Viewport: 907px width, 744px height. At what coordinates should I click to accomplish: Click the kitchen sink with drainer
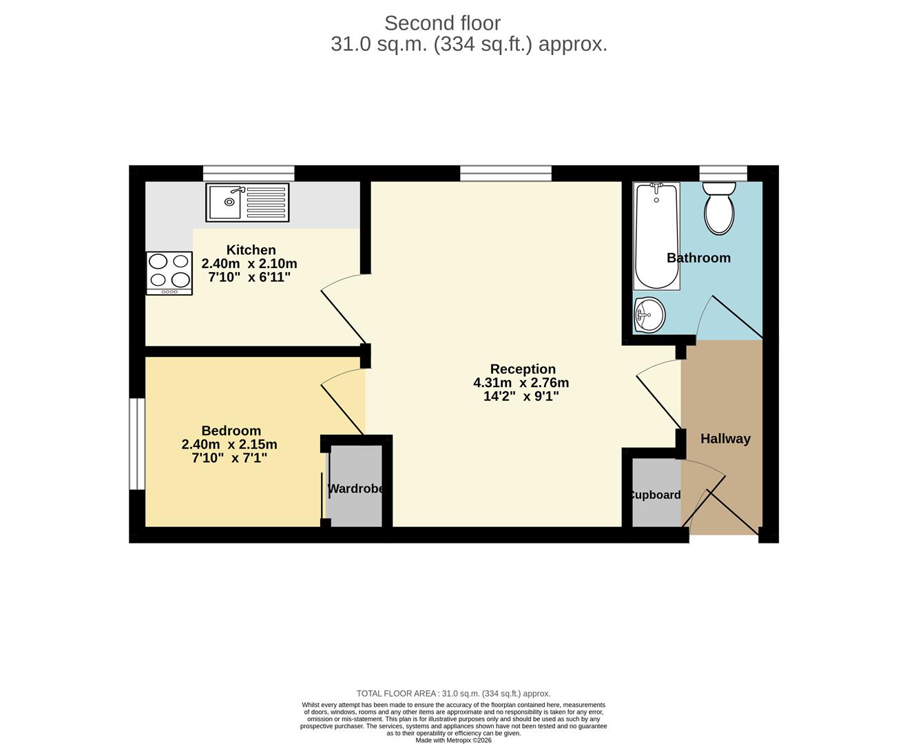click(x=247, y=203)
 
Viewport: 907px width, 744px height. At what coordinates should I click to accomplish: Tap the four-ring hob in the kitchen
click(x=169, y=273)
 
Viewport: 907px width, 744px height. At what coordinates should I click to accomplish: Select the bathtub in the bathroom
click(x=656, y=236)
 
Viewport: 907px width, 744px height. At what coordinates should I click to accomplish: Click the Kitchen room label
click(x=251, y=250)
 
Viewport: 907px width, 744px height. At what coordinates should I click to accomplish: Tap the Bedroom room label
click(x=231, y=431)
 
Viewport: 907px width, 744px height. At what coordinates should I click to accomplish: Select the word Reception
click(x=523, y=369)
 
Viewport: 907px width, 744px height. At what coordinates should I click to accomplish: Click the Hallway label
click(x=725, y=439)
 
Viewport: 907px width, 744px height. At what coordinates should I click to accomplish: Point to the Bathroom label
click(x=698, y=258)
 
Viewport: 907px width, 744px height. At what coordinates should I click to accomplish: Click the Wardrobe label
click(x=355, y=489)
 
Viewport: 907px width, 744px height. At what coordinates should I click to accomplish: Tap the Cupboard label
click(x=654, y=495)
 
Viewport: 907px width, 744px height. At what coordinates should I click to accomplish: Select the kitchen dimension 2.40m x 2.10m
click(x=249, y=264)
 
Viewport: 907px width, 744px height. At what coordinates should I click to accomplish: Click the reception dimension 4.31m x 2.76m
click(x=521, y=383)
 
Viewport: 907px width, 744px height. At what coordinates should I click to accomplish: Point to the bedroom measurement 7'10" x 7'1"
click(x=229, y=457)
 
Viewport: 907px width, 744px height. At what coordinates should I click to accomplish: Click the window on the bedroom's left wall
click(x=137, y=444)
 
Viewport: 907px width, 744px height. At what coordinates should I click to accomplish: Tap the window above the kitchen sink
click(x=249, y=173)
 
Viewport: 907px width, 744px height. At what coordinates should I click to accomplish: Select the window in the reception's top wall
click(x=505, y=173)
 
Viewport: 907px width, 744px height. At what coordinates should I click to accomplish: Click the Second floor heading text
click(x=442, y=23)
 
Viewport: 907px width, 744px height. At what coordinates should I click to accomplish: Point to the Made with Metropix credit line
click(x=453, y=740)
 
